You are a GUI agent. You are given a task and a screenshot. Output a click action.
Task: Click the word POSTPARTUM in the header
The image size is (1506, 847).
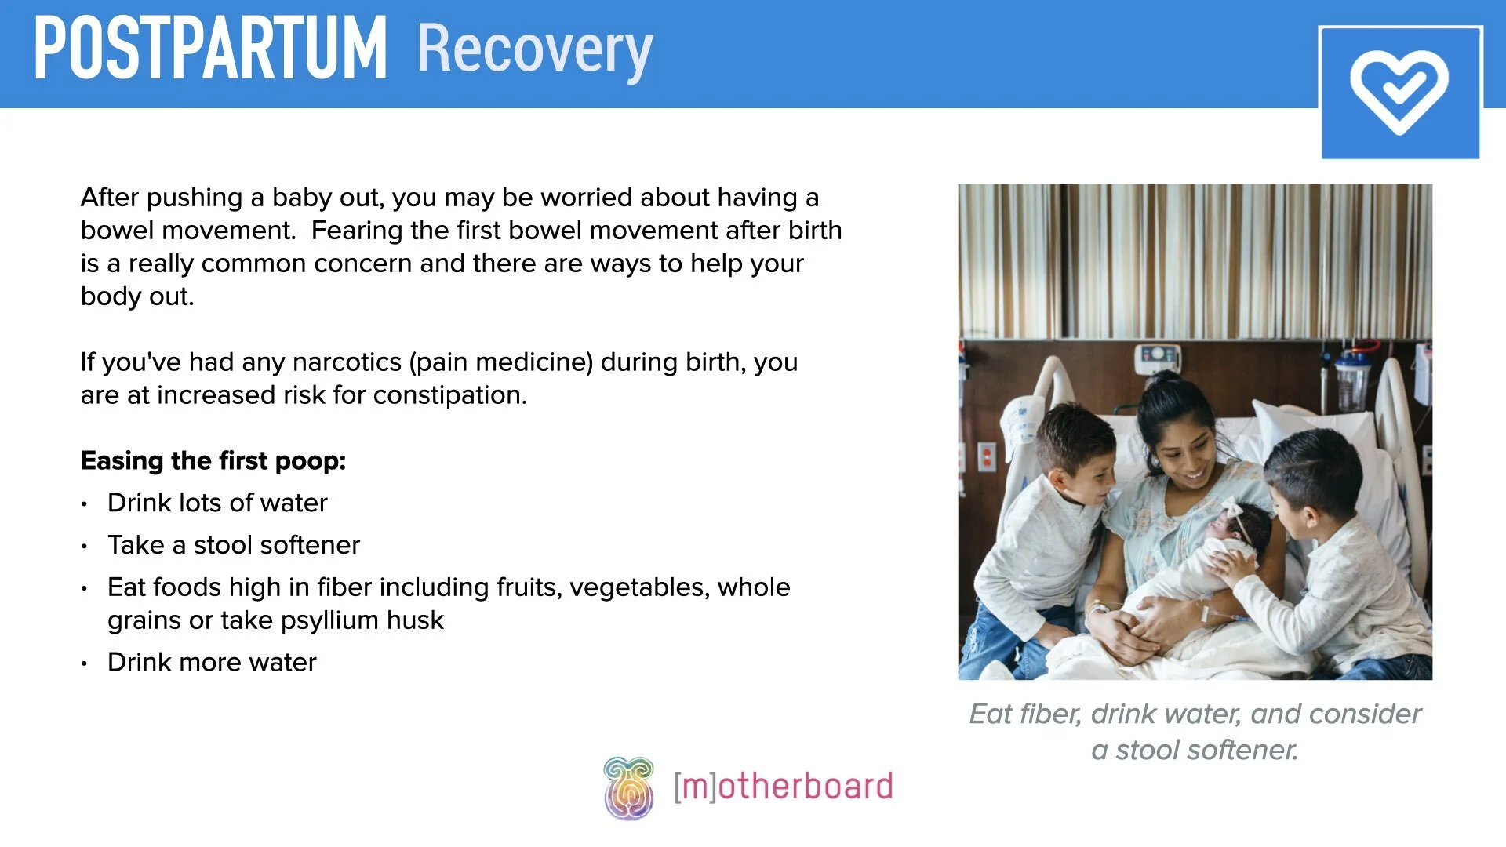click(210, 49)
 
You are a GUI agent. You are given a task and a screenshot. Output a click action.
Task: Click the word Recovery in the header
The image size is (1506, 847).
click(534, 50)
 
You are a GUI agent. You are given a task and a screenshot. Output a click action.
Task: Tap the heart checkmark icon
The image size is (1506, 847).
click(1399, 92)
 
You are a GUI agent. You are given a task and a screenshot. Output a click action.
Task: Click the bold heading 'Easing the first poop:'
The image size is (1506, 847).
click(213, 460)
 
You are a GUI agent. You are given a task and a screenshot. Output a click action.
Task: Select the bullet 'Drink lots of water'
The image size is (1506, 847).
click(217, 503)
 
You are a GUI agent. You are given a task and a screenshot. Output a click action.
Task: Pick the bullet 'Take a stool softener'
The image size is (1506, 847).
click(234, 545)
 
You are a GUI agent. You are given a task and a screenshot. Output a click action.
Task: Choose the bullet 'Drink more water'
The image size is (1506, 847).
click(212, 663)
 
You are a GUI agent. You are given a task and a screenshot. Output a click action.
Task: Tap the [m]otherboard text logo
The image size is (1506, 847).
click(783, 787)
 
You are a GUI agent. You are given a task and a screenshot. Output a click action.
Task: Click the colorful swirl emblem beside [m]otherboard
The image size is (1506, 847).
click(628, 787)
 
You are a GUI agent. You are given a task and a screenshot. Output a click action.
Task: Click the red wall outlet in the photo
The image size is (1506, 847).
click(986, 456)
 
